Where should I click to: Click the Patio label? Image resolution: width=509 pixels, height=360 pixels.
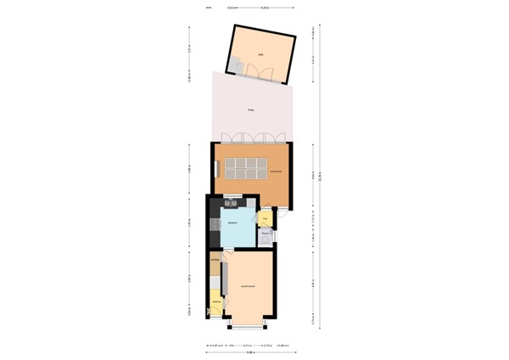coord(251,110)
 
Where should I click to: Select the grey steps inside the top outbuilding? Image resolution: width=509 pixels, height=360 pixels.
coord(235,65)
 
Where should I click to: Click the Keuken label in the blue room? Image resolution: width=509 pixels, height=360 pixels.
coord(232,222)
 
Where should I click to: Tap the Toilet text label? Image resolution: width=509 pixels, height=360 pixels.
coord(265,232)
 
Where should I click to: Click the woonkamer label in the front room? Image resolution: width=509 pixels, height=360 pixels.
coord(248,286)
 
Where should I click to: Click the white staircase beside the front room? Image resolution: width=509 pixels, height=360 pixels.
coord(215,280)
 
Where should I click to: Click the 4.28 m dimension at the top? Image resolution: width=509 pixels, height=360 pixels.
coord(265,8)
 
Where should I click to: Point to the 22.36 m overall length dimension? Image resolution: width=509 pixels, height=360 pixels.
coord(321,177)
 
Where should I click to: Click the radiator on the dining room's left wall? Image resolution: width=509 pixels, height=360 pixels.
coord(215,167)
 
